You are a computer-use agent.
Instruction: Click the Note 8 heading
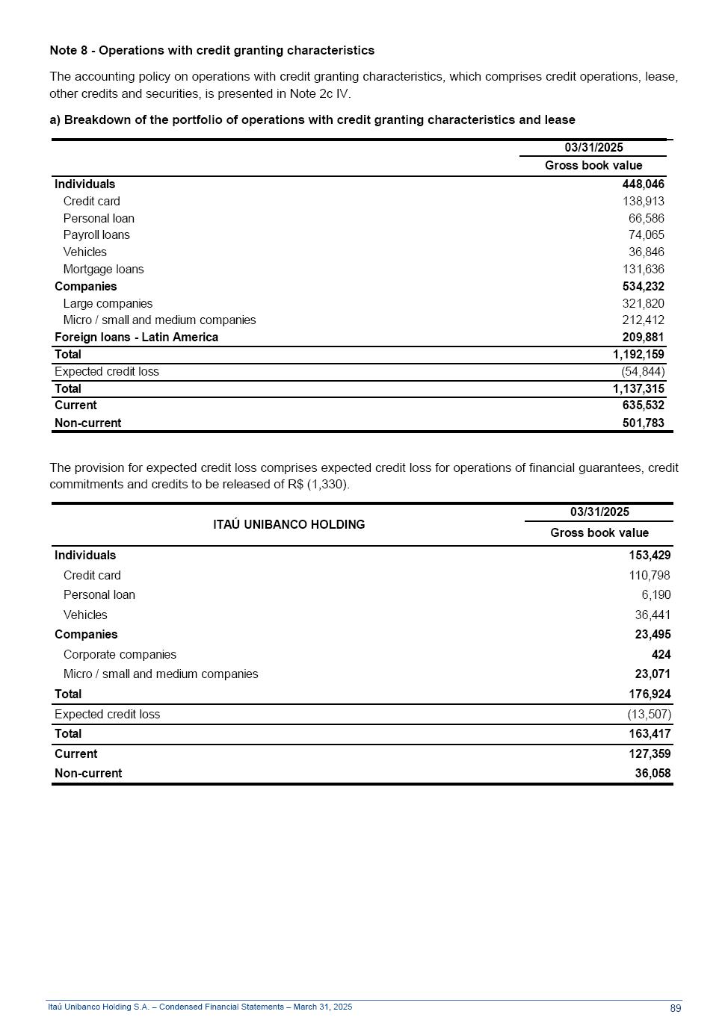[x=212, y=50]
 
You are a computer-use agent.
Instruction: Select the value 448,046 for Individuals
[x=643, y=184]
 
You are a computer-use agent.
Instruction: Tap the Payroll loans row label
[x=96, y=235]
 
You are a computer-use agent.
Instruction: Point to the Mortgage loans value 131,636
[x=643, y=270]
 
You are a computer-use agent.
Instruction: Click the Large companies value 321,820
[x=643, y=304]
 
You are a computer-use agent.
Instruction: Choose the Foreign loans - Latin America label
[x=136, y=338]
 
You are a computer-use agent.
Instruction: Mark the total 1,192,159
[x=638, y=355]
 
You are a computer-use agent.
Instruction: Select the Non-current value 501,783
[x=643, y=423]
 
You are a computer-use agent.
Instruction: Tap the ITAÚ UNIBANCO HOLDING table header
[x=289, y=524]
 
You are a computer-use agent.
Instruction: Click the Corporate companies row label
[x=120, y=655]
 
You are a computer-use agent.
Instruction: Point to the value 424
[x=661, y=655]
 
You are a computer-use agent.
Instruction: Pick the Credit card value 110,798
[x=649, y=576]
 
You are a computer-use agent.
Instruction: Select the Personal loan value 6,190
[x=655, y=595]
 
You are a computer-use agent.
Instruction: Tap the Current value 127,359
[x=649, y=754]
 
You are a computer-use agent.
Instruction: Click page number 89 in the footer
[x=675, y=1008]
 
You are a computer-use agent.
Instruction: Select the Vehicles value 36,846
[x=646, y=252]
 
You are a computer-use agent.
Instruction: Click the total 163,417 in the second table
[x=649, y=734]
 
